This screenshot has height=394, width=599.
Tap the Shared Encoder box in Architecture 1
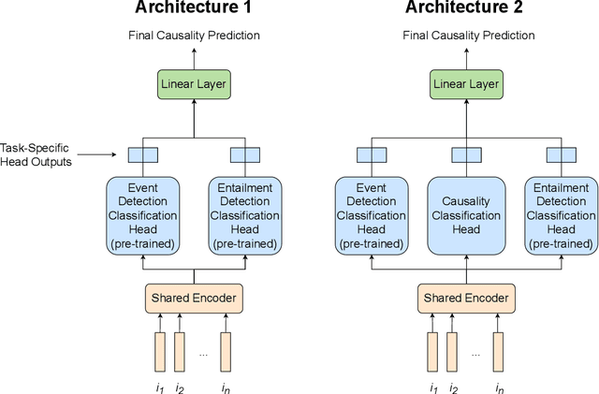pyautogui.click(x=195, y=299)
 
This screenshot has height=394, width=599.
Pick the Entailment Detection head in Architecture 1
pyautogui.click(x=244, y=214)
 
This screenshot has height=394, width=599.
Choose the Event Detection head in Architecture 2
pyautogui.click(x=372, y=214)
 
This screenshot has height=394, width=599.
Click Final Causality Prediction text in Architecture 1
pyautogui.click(x=195, y=36)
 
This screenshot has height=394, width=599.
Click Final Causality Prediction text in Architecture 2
pyautogui.click(x=468, y=36)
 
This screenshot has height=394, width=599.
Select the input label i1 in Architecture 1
pyautogui.click(x=161, y=386)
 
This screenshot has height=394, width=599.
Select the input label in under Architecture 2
pyautogui.click(x=500, y=386)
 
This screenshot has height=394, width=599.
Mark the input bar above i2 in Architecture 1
pyautogui.click(x=180, y=351)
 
